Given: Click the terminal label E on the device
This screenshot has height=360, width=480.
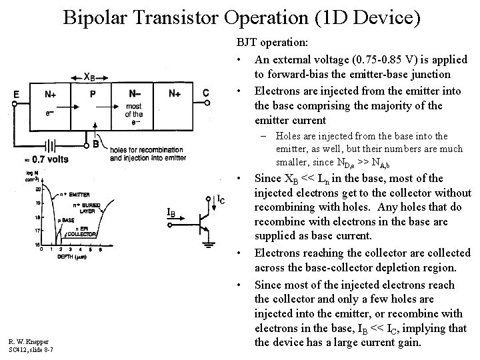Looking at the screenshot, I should (16, 94).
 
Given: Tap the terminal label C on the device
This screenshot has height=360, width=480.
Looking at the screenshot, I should (206, 93).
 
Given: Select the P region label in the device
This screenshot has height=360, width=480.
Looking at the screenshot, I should (92, 95).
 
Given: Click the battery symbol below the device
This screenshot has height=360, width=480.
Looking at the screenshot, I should (47, 145).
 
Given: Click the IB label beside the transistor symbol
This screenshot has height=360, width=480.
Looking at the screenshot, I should (171, 213).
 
